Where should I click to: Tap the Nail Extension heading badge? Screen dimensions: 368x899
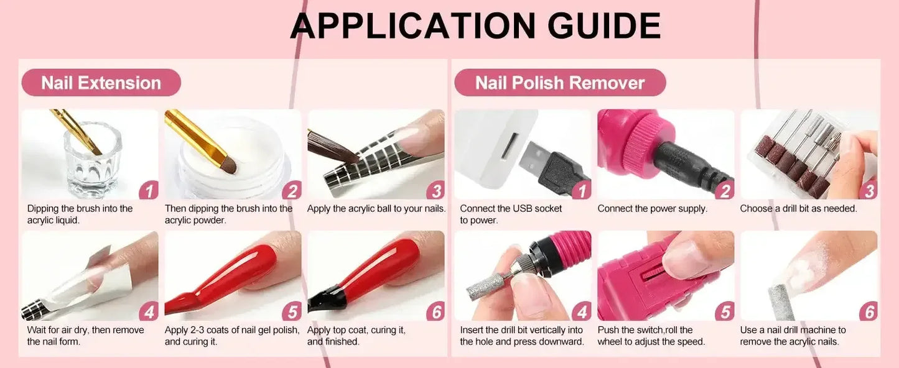(x=101, y=83)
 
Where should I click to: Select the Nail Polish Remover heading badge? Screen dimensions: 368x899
(x=560, y=83)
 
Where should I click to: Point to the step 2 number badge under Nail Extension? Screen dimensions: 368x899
(x=291, y=190)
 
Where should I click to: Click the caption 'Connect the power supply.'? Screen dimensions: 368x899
(x=652, y=209)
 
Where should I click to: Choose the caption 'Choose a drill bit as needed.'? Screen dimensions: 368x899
(x=798, y=209)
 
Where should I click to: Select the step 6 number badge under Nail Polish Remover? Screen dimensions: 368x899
(x=869, y=311)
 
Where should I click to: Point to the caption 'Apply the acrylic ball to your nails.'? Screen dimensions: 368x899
(x=376, y=209)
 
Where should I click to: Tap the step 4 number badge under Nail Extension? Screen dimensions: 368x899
(x=148, y=311)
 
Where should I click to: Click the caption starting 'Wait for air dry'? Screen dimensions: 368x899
(x=85, y=336)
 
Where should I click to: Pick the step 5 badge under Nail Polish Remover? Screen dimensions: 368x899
(x=724, y=311)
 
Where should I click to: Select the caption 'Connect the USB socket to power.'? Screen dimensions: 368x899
(x=510, y=214)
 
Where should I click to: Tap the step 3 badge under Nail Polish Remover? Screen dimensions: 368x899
(x=869, y=190)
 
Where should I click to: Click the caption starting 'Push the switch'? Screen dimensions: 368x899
(x=651, y=336)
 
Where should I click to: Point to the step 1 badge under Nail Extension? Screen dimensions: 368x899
(x=148, y=190)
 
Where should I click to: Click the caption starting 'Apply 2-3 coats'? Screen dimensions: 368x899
(x=231, y=336)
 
